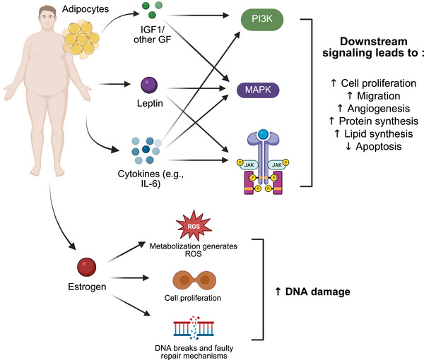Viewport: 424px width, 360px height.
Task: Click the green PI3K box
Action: (x=262, y=20)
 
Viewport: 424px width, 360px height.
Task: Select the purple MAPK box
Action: (x=258, y=90)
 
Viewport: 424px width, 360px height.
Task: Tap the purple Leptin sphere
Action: (x=149, y=85)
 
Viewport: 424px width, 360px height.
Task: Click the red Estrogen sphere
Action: (x=86, y=267)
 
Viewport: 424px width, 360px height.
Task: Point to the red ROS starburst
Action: (x=194, y=225)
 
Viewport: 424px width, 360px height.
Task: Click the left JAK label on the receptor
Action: (x=249, y=164)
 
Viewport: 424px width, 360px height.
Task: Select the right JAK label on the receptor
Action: (x=277, y=164)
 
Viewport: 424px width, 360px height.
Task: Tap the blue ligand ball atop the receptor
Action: (x=263, y=134)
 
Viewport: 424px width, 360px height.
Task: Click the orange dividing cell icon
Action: (x=194, y=280)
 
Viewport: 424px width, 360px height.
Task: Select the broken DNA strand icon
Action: (x=194, y=328)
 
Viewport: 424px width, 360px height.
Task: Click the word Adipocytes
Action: (x=86, y=9)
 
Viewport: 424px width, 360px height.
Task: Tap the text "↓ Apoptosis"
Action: (x=373, y=147)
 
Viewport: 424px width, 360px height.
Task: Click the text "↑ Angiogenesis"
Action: (x=373, y=109)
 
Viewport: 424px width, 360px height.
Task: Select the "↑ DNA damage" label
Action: (x=312, y=292)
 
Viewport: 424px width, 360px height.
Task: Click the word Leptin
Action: (x=150, y=103)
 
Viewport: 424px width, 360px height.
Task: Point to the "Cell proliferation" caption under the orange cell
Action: (x=192, y=298)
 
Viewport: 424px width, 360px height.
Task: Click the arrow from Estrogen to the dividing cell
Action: (x=130, y=277)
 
